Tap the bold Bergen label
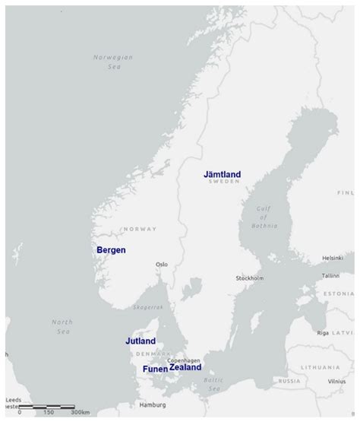(x=111, y=249)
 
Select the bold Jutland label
(x=141, y=341)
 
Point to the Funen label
(x=155, y=369)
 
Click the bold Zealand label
(x=185, y=367)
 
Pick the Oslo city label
(x=161, y=265)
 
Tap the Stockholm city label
(x=248, y=278)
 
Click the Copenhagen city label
(x=184, y=359)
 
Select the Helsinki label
(x=333, y=258)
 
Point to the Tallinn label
(x=330, y=275)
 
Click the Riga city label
(x=323, y=332)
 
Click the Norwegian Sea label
(x=112, y=62)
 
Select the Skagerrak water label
(x=148, y=307)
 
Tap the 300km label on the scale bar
(x=80, y=412)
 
